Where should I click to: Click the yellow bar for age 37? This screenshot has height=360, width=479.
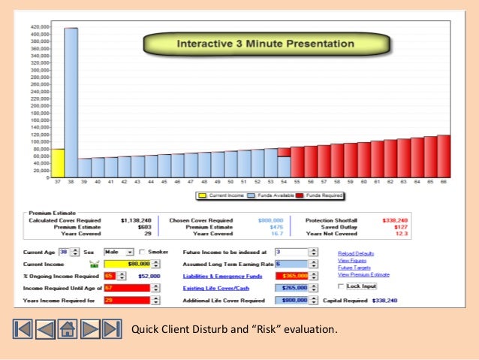57,162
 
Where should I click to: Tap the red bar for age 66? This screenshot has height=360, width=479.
443,156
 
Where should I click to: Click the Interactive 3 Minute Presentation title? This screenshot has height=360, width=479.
264,44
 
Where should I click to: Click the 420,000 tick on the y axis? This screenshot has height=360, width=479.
39,26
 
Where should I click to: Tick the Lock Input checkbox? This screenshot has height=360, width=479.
342,286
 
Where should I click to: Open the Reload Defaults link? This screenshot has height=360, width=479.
355,254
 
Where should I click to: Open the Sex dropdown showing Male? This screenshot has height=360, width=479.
119,253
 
